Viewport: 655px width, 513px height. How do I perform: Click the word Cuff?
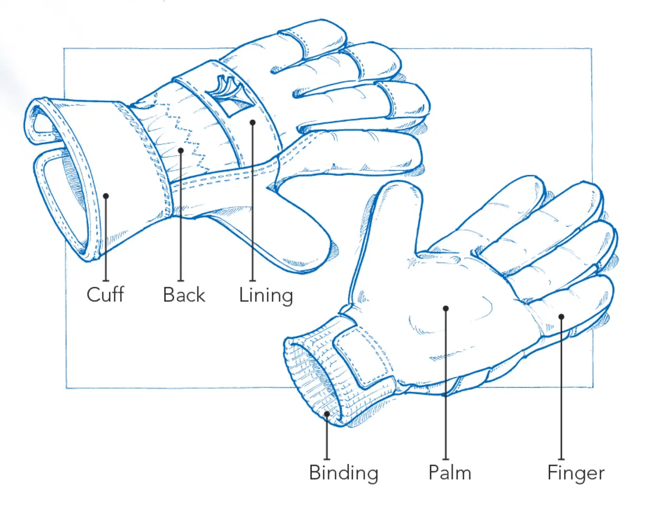pos(105,294)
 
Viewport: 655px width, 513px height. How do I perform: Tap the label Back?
pos(183,294)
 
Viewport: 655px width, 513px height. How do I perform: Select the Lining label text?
pos(265,295)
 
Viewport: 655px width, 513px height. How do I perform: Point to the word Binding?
pos(343,472)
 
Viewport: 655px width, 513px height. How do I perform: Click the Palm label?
pos(449,472)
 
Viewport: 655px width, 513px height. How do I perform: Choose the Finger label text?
pos(575,472)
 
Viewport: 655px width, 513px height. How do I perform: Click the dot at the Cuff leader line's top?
pos(106,196)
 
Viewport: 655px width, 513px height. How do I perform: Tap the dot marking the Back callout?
pos(181,150)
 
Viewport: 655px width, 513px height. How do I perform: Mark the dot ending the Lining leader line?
pos(253,122)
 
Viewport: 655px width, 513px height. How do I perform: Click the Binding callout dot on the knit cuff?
pos(327,414)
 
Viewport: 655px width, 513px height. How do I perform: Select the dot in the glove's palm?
pos(445,308)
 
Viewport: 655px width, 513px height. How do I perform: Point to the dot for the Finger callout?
pos(561,317)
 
